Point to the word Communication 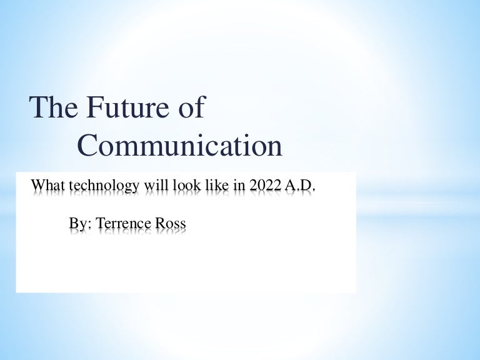tap(180, 146)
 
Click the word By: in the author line tap(80, 224)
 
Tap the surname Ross tap(172, 224)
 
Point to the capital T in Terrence tap(100, 223)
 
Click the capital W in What tap(37, 186)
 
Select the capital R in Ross tap(162, 223)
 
